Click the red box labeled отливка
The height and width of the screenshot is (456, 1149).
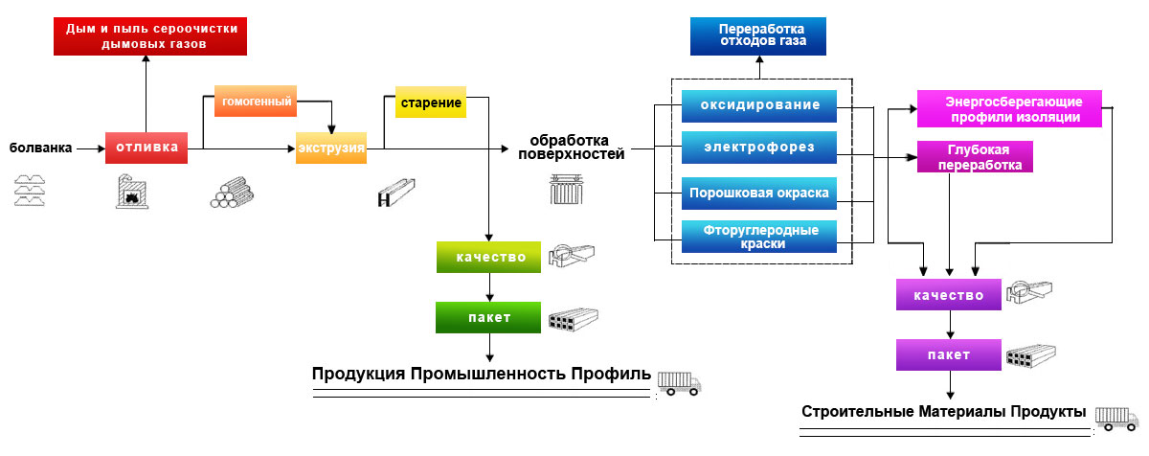click(146, 148)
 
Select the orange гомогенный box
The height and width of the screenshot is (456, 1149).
click(254, 101)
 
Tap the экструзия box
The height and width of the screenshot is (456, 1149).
click(330, 148)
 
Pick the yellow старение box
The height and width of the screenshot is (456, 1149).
click(431, 102)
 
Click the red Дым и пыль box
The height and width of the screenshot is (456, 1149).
click(149, 36)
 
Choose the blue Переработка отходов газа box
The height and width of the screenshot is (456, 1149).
click(757, 35)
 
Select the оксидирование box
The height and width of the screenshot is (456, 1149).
click(759, 104)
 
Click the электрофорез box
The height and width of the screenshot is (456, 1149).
click(759, 148)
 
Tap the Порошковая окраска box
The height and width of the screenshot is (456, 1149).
click(759, 193)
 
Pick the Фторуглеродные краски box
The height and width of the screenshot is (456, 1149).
click(759, 237)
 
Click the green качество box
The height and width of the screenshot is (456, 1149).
click(490, 257)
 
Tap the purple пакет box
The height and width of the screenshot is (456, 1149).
click(948, 354)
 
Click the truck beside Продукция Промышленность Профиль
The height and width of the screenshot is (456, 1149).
click(679, 382)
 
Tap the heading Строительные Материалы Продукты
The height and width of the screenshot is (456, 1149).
click(943, 412)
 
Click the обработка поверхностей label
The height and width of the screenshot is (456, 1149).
click(571, 147)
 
